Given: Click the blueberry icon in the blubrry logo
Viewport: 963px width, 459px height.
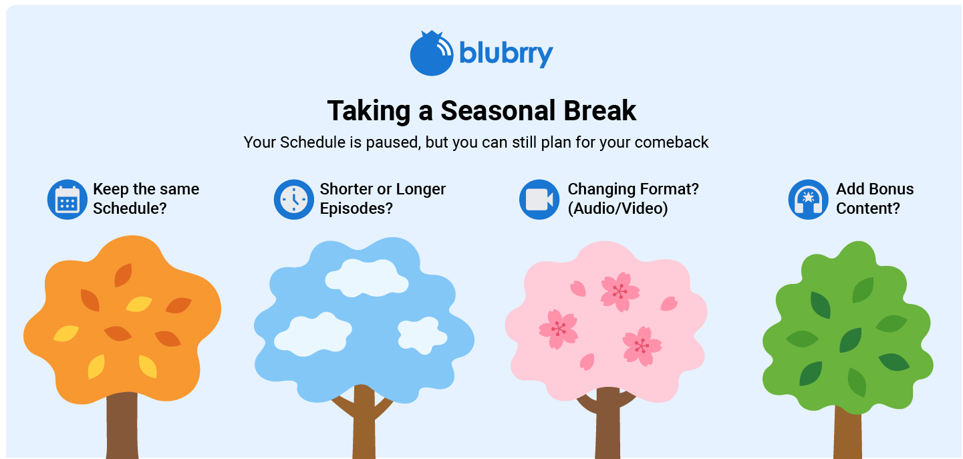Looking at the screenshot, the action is click(x=431, y=53).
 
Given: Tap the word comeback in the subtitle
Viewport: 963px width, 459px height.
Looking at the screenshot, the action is click(x=671, y=142).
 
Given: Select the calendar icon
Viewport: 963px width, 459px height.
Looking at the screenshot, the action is click(x=67, y=199).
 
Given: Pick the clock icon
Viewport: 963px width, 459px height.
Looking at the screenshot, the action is click(x=294, y=199).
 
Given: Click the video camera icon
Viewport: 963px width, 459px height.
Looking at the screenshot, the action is click(x=539, y=199).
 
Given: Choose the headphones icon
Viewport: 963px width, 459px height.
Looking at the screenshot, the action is click(x=808, y=199).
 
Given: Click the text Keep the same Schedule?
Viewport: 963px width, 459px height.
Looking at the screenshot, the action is click(x=146, y=198).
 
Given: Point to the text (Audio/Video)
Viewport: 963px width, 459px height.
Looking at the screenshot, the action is click(x=617, y=208).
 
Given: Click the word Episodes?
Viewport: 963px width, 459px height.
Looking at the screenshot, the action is click(x=356, y=208).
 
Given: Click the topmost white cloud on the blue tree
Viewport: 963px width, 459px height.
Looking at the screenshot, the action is click(x=367, y=278).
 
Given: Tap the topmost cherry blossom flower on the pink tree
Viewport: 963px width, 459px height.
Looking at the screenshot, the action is click(x=620, y=291).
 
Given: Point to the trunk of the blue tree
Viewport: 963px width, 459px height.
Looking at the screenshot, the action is click(x=364, y=424).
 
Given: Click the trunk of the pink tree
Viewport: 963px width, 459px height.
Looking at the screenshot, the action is click(x=607, y=424).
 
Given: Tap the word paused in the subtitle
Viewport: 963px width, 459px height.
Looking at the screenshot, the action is click(x=393, y=143).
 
